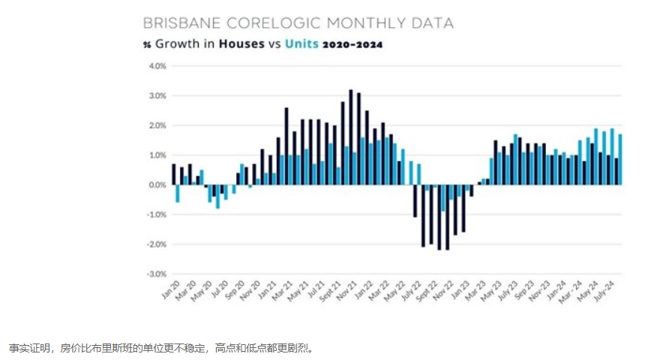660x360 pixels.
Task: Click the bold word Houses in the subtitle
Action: click(241, 44)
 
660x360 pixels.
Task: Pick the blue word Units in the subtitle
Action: click(300, 44)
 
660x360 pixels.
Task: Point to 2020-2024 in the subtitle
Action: click(352, 44)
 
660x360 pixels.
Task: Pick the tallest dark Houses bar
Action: click(350, 137)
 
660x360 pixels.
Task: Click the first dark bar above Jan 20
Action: click(173, 174)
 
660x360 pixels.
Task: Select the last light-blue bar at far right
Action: click(619, 159)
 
